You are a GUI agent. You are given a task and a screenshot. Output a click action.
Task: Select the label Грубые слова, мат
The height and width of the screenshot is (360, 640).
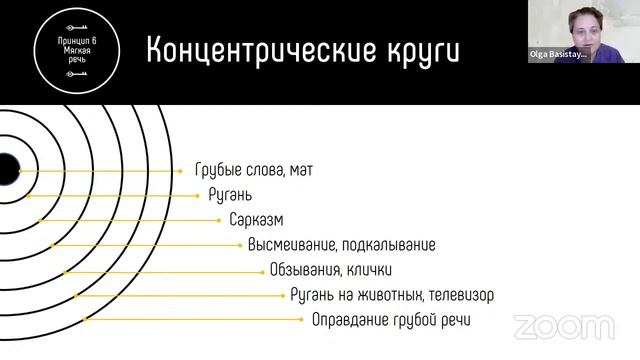[254, 171]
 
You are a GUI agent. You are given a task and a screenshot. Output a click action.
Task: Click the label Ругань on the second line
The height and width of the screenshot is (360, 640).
[230, 195]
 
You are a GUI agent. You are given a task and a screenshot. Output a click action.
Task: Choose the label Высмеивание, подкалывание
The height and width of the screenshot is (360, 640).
[342, 245]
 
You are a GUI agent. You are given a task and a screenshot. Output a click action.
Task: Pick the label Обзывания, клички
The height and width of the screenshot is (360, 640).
[330, 270]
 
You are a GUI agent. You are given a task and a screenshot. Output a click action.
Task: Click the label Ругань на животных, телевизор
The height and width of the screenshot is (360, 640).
[391, 295]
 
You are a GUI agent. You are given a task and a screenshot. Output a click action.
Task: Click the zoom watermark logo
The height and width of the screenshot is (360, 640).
[564, 326]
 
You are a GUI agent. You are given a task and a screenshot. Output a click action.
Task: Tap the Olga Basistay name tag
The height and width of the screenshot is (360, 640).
[558, 56]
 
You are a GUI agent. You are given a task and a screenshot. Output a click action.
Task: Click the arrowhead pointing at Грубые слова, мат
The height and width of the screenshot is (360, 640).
[180, 171]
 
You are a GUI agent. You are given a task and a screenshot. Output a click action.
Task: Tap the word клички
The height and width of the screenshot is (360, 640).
[370, 270]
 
